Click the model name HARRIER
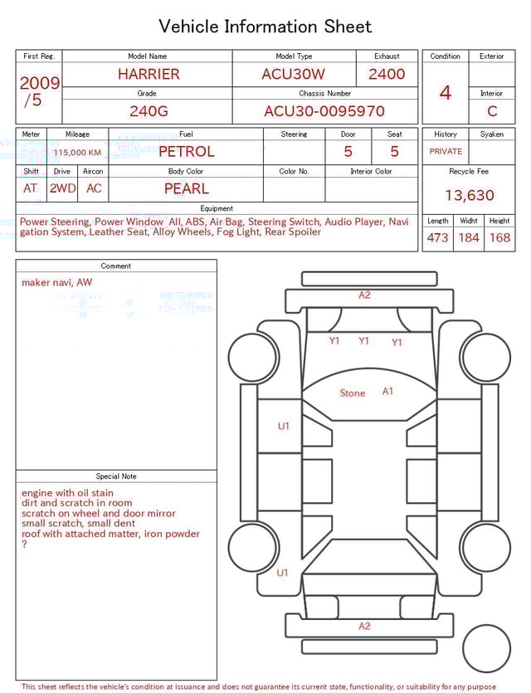148,74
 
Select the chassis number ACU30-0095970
324,111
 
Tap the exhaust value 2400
387,74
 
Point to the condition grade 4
446,93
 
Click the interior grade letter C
492,111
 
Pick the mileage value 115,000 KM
78,153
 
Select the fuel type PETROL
186,152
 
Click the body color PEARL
186,188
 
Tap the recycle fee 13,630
470,196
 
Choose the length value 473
437,238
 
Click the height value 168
499,238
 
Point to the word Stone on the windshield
352,393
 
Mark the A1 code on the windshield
387,391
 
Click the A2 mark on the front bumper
364,295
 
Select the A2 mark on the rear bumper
364,627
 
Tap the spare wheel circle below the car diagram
486,647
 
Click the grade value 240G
148,111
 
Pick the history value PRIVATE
446,152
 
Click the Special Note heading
116,476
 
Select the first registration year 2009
39,83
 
